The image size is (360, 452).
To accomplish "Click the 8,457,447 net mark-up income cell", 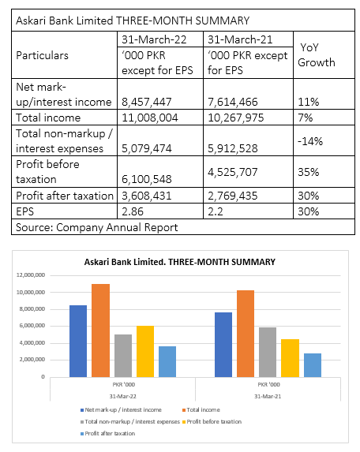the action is [147, 102].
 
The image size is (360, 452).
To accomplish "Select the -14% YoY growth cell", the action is [310, 141].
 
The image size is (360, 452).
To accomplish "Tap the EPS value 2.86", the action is [133, 211].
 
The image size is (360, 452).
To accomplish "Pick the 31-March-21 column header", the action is [240, 39].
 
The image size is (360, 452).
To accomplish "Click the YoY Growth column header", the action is [317, 54].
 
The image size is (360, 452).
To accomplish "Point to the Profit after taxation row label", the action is [65, 196].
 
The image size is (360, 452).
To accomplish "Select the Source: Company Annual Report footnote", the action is [97, 227].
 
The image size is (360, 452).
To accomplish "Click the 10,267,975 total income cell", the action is [236, 118].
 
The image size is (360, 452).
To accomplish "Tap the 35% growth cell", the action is [309, 172].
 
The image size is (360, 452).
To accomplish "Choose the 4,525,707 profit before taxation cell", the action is [232, 172].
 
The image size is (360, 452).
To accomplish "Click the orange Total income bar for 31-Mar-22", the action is [101, 331].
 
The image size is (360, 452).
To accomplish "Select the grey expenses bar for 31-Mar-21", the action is [268, 352].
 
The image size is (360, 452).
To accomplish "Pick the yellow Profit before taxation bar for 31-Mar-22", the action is [145, 351].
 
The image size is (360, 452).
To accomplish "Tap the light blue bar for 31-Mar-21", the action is [313, 365].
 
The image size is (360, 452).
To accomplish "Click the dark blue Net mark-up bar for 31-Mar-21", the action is [223, 345].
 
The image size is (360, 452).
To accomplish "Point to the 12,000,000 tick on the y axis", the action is [31, 275].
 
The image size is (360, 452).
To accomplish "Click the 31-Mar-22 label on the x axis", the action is [122, 396].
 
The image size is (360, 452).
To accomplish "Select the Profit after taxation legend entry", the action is [107, 434].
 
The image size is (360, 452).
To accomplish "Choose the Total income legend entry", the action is [201, 410].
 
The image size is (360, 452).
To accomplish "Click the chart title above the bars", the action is [180, 262].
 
